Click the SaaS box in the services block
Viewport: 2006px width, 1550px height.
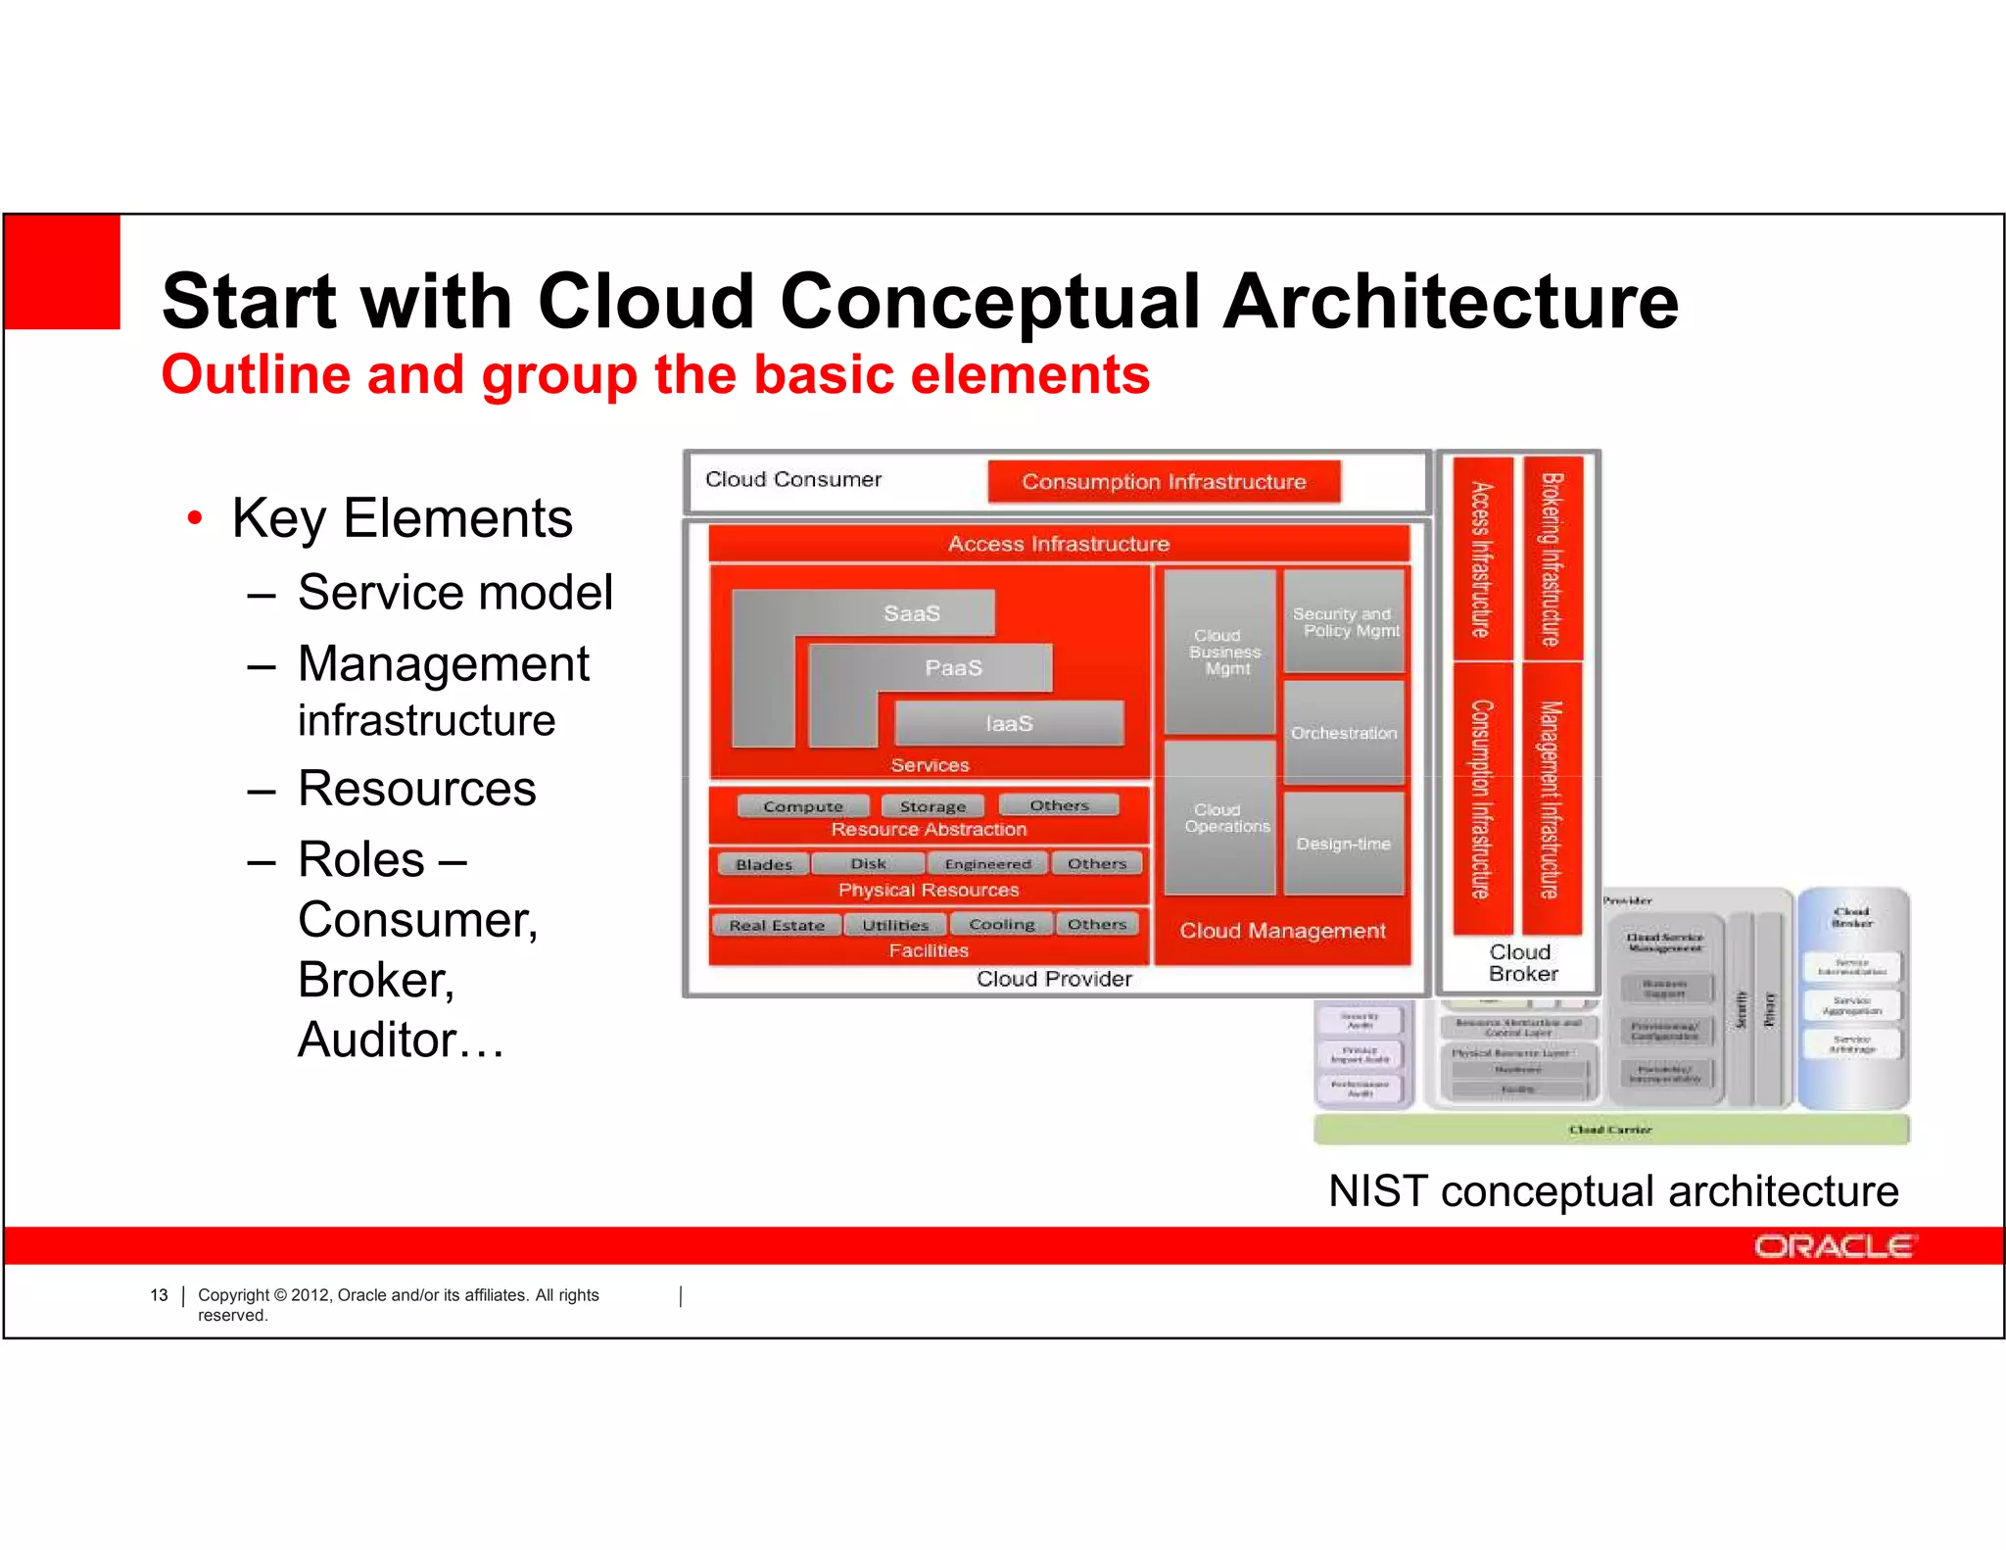(x=911, y=613)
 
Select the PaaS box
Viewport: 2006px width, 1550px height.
(x=952, y=668)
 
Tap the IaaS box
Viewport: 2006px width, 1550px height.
(x=1009, y=723)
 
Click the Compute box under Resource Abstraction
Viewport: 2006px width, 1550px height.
(x=803, y=806)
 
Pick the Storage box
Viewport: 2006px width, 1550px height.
(x=932, y=806)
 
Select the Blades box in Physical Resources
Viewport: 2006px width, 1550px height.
(x=764, y=864)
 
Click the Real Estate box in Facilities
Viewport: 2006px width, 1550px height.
(x=777, y=925)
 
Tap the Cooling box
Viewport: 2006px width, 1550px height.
(x=1001, y=924)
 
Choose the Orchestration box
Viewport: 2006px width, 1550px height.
(x=1344, y=733)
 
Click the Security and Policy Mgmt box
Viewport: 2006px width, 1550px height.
(x=1344, y=622)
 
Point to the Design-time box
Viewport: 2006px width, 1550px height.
(x=1344, y=844)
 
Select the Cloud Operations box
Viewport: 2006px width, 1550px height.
(x=1220, y=818)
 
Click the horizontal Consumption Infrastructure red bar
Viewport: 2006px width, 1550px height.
(x=1164, y=482)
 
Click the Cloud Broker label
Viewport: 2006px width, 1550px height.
(x=1521, y=963)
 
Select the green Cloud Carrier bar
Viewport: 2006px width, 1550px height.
(x=1610, y=1130)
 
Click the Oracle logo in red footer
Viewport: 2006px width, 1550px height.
(x=1834, y=1246)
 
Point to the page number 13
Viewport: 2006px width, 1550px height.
(x=159, y=1295)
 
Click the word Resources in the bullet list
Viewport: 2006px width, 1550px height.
(x=416, y=789)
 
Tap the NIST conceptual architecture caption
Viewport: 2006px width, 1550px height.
(x=1613, y=1191)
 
